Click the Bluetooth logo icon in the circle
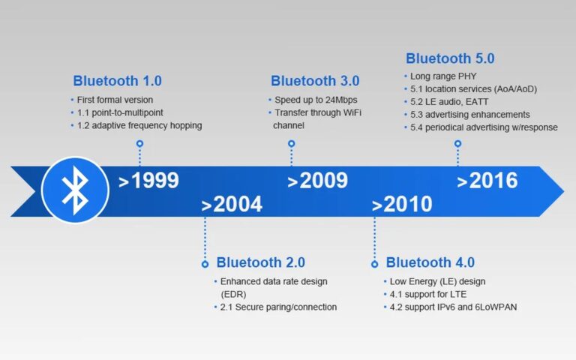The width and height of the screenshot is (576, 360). pos(75,190)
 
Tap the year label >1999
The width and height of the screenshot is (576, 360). pos(148,181)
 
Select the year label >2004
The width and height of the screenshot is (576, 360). pos(232,205)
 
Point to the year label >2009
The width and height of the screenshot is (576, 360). pos(318,181)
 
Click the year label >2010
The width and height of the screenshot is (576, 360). pos(402,205)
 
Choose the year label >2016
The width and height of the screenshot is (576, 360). pos(487,181)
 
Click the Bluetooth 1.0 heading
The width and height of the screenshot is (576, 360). pos(117,81)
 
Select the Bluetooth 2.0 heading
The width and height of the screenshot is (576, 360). pos(260,263)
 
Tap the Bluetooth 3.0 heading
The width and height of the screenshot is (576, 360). pos(315,81)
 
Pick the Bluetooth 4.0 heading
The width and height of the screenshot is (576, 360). pos(430,263)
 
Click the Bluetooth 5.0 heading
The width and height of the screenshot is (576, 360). pos(450,58)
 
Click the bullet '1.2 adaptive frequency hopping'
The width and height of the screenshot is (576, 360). pos(139,126)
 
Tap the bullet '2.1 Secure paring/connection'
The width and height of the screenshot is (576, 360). pos(278,307)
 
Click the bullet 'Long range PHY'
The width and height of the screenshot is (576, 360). pos(443,76)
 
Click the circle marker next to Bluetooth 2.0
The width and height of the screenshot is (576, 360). pos(205,264)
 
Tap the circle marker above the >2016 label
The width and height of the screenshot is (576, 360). pos(457,142)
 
